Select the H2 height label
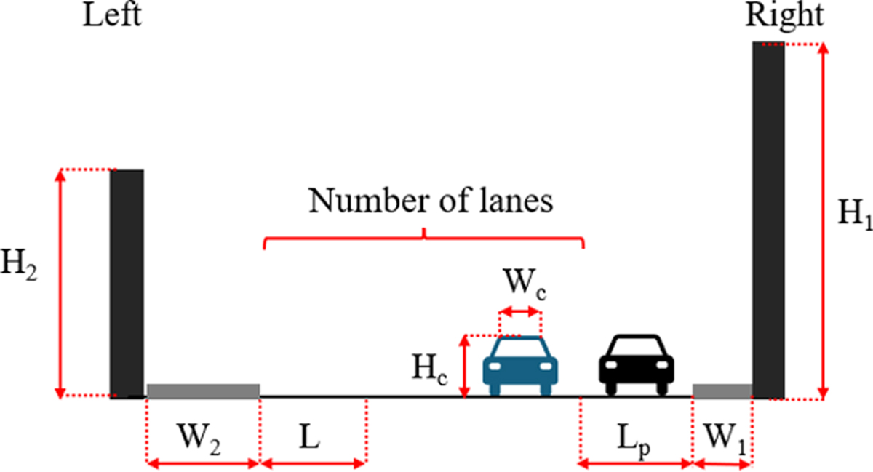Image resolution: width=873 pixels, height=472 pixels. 19,265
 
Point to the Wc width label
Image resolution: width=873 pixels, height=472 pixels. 525,284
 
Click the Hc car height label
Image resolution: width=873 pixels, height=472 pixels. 429,369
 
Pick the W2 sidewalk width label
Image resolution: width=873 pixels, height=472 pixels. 199,439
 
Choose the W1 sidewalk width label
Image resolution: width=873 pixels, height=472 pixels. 725,439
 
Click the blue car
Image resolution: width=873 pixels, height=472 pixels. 520,366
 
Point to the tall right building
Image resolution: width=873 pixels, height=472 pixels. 768,220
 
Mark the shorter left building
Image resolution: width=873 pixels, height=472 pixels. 127,284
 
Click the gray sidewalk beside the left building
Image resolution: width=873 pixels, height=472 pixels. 204,391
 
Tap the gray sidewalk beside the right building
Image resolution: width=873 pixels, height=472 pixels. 722,391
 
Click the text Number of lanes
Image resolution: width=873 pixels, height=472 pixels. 431,201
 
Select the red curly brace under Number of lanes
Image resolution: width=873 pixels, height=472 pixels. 423,238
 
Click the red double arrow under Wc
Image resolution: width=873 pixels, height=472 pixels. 520,311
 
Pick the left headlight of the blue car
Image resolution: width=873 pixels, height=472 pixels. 495,367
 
